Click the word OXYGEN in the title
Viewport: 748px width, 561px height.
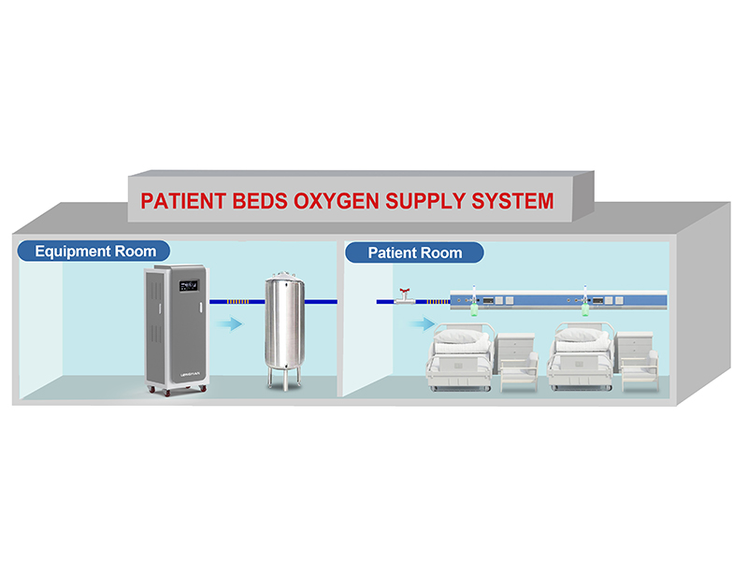click(367, 200)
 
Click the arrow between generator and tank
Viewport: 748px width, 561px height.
click(229, 324)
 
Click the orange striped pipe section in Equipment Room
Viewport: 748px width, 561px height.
click(234, 301)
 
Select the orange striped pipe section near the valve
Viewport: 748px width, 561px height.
click(434, 301)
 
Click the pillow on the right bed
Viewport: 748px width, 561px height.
click(582, 336)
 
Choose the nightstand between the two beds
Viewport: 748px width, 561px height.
click(517, 360)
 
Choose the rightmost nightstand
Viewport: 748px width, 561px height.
click(639, 360)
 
